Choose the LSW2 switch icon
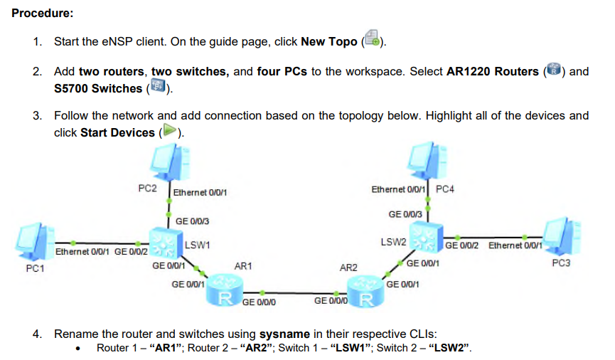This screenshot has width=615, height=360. coord(427,239)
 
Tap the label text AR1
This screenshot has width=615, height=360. coord(243,266)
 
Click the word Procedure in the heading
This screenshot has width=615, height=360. coord(42,14)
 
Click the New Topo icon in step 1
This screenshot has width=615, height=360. coord(372,40)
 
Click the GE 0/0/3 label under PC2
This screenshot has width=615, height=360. coord(192,221)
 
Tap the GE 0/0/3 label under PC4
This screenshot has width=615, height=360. coord(405,213)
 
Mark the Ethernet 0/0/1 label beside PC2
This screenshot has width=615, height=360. coord(200,192)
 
